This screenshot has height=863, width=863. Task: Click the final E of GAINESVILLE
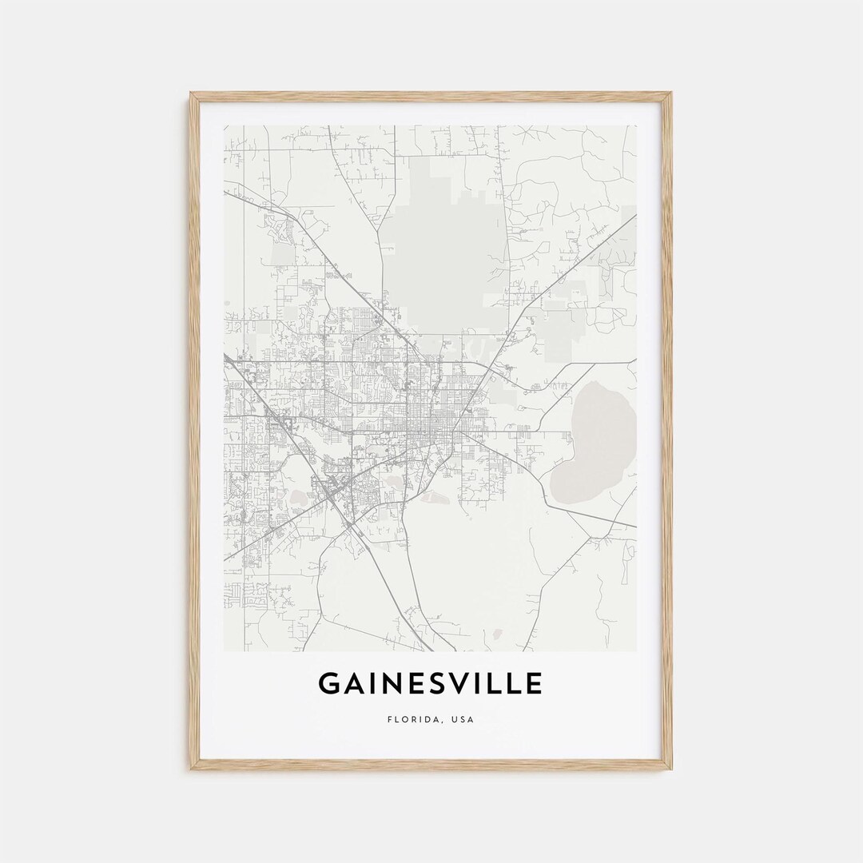534,684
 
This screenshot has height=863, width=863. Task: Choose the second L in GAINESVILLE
512,684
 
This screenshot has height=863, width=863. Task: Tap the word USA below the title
463,719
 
